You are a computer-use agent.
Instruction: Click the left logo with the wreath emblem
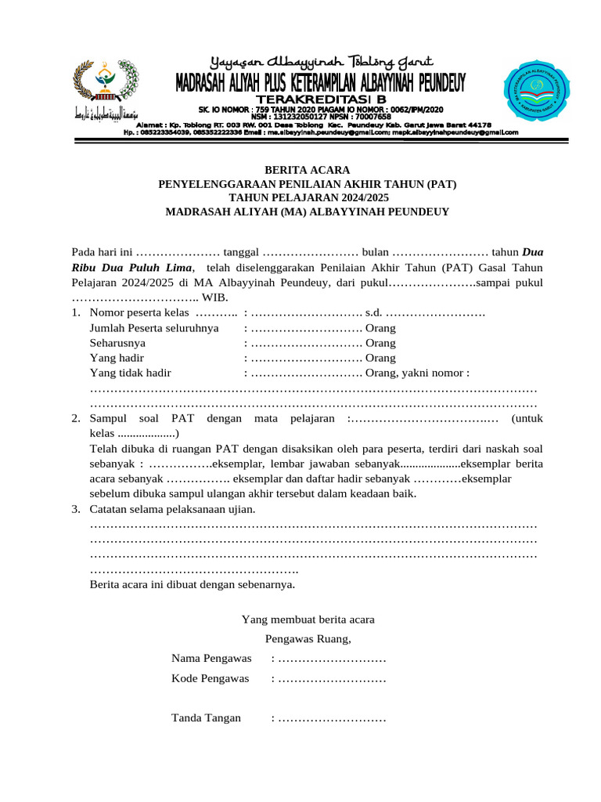(x=99, y=81)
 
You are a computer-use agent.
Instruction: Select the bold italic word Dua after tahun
(x=532, y=252)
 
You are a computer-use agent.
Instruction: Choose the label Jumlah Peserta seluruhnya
(x=154, y=328)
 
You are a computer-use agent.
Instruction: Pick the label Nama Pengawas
(x=211, y=658)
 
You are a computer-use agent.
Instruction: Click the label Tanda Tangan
(x=206, y=717)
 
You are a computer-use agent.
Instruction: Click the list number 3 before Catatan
(x=75, y=509)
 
